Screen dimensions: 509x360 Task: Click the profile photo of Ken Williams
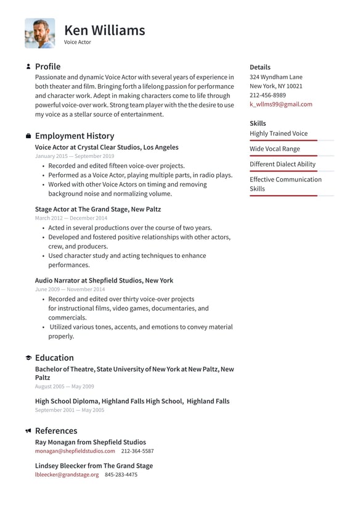(x=39, y=33)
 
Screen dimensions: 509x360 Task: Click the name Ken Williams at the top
(x=104, y=30)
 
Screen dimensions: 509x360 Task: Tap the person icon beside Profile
(x=28, y=67)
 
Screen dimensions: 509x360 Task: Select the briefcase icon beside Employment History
(x=28, y=136)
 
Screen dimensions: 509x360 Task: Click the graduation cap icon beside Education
(x=28, y=358)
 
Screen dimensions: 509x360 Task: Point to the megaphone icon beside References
(x=28, y=431)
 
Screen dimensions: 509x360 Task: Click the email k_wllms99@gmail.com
(x=280, y=104)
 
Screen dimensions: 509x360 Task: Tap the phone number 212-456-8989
(x=268, y=96)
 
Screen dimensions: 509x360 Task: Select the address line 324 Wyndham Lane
(x=276, y=77)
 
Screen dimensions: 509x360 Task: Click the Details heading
(x=260, y=67)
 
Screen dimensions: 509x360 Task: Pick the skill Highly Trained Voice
(x=278, y=133)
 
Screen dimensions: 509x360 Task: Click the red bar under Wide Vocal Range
(x=283, y=156)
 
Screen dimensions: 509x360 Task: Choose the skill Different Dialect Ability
(x=282, y=164)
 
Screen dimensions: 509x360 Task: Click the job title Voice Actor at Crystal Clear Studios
(x=107, y=147)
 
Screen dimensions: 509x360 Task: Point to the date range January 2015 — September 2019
(x=75, y=157)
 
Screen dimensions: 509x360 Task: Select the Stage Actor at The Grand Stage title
(x=97, y=209)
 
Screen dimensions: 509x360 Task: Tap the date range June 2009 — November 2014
(x=70, y=289)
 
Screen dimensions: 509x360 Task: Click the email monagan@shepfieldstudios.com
(x=75, y=451)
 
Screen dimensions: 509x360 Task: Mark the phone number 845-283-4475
(x=121, y=474)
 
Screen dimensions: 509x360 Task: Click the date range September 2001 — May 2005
(x=70, y=410)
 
